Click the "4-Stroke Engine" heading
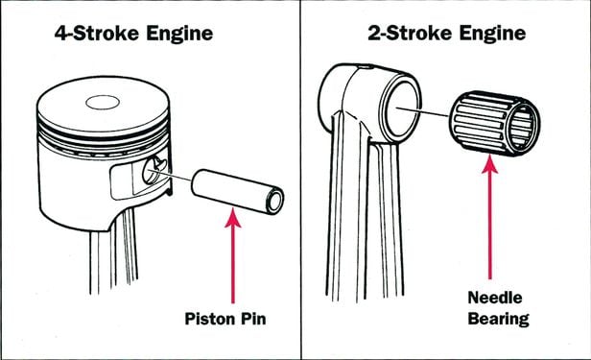pyautogui.click(x=133, y=34)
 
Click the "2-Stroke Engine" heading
pyautogui.click(x=447, y=34)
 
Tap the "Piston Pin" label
pyautogui.click(x=225, y=319)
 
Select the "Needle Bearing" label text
pyautogui.click(x=498, y=308)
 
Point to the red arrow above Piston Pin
pyautogui.click(x=233, y=256)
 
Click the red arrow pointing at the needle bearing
pyautogui.click(x=489, y=218)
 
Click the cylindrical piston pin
pyautogui.click(x=238, y=191)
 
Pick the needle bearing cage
pyautogui.click(x=494, y=123)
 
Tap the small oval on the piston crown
pyautogui.click(x=103, y=102)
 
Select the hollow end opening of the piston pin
pyautogui.click(x=275, y=201)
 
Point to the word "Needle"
pyautogui.click(x=495, y=298)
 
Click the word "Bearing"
pyautogui.click(x=498, y=319)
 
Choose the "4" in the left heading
pyautogui.click(x=60, y=34)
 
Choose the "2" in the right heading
pyautogui.click(x=373, y=34)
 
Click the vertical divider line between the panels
pyautogui.click(x=301, y=180)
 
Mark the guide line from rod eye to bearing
pyautogui.click(x=422, y=111)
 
